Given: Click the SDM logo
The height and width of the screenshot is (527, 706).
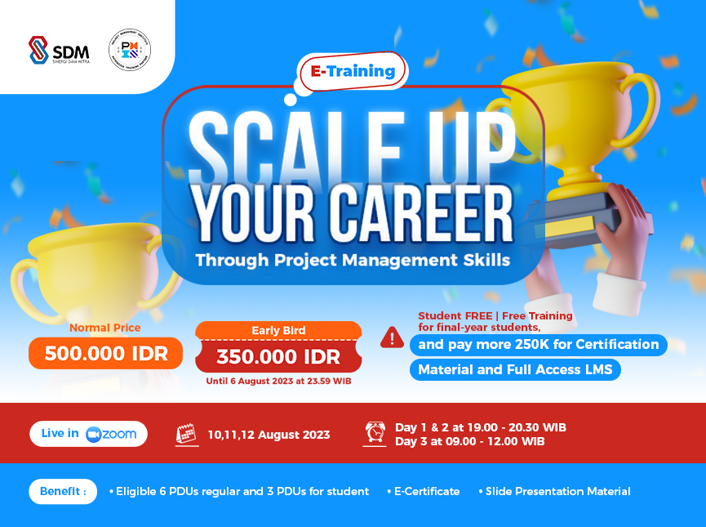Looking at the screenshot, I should coord(60,50).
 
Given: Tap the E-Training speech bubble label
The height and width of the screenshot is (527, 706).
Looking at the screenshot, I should coord(352,71).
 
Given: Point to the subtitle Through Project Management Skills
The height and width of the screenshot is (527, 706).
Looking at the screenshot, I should coord(352,261).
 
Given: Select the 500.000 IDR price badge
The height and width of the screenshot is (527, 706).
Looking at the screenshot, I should coord(105,353).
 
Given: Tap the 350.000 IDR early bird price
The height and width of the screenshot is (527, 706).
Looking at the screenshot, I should coord(278,356).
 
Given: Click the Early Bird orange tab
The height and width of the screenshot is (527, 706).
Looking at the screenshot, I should coord(278,330).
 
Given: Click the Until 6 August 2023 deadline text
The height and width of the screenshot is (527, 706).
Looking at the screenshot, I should coord(278,382).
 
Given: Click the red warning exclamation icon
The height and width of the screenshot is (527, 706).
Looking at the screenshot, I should coord(392,337).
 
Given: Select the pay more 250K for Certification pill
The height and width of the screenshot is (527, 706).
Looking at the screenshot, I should coord(538,345).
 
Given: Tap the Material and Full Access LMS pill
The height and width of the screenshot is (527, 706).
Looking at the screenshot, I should coord(514,369).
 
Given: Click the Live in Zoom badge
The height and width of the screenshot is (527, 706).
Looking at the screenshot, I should coord(89,434).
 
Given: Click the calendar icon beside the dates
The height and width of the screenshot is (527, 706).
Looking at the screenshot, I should coord(187,435).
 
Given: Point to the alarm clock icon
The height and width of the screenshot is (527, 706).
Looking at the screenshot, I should coord(375,433).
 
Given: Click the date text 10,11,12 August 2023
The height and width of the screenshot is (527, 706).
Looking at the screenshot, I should coord(269,435).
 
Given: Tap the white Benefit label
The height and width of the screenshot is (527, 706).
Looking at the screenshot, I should coord(63,491).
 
